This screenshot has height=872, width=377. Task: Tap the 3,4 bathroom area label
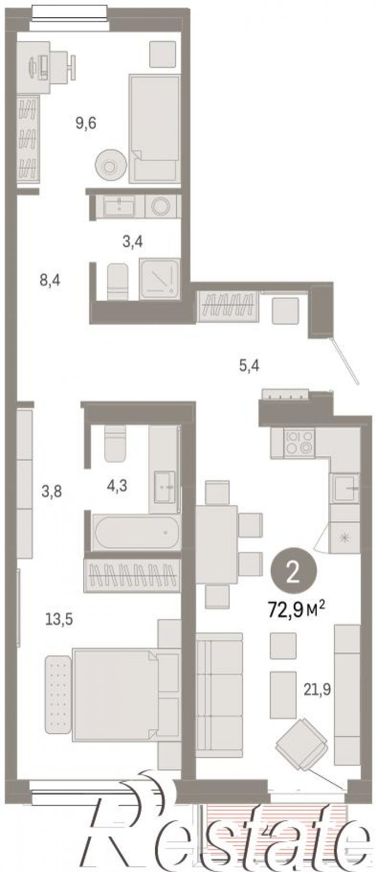pos(133,242)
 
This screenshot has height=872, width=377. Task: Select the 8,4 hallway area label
pos(50,280)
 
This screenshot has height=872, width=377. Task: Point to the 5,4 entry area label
pos(249,365)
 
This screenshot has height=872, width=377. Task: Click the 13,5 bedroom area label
pos(59,619)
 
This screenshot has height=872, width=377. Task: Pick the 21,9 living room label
pos(317,690)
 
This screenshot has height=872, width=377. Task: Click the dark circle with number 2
pos(294,571)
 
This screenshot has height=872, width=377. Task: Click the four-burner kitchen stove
pos(300,443)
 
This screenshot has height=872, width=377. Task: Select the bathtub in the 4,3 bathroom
pos(136,532)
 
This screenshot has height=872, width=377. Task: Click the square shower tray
pos(160,279)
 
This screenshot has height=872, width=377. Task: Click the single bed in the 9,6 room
pos(154,129)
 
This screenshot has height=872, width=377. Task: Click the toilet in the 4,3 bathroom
pos(115,444)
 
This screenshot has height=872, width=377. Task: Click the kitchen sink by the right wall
pos(344,488)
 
